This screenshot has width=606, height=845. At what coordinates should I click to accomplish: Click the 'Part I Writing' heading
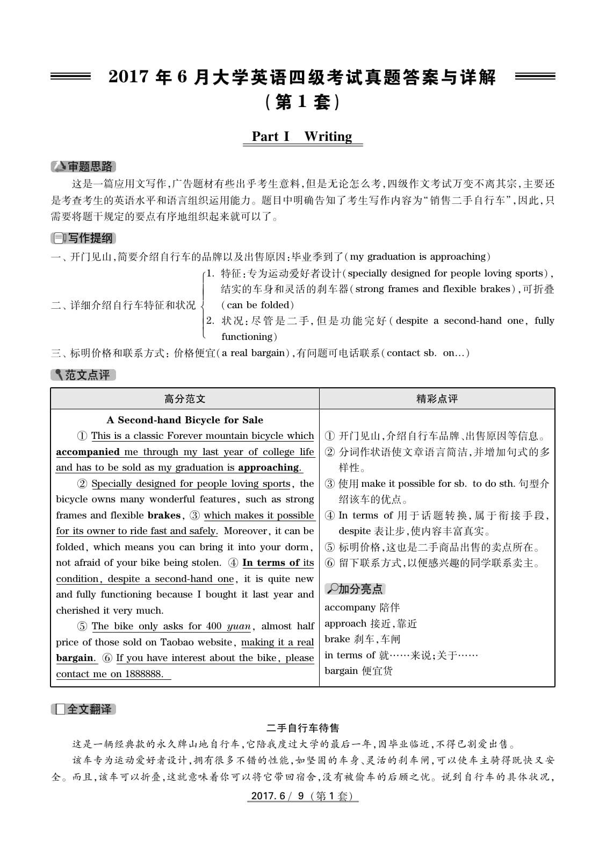click(302, 137)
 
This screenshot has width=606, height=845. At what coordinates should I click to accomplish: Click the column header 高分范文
click(185, 399)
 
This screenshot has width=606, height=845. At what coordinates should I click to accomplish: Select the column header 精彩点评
click(437, 399)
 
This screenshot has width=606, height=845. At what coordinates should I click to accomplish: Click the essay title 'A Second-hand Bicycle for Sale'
click(185, 420)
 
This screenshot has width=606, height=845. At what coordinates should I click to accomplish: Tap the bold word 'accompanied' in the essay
click(88, 452)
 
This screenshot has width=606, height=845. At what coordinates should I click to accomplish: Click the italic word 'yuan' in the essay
click(239, 626)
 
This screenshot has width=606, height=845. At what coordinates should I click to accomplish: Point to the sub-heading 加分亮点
click(356, 589)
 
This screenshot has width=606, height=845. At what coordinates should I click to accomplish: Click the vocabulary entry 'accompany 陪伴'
click(362, 607)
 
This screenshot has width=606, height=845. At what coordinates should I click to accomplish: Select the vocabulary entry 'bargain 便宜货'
click(358, 671)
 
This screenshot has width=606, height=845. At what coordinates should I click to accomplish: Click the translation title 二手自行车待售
click(302, 728)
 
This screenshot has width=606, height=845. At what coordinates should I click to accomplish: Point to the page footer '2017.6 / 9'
click(302, 796)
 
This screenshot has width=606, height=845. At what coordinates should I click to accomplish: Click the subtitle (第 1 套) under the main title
click(302, 102)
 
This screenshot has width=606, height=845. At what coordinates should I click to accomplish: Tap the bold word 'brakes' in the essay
click(164, 515)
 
